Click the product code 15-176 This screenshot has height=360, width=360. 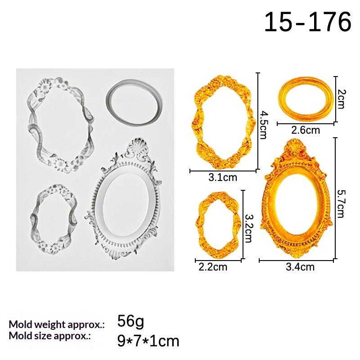pos(308,22)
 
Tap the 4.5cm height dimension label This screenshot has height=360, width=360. pos(263,125)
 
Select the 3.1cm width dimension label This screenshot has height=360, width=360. pos(223,177)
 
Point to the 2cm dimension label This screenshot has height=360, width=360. pos(341,99)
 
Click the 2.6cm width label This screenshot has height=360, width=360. pos(306,130)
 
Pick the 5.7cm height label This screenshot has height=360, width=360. pos(341,203)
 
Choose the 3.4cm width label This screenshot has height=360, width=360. pos(300,267)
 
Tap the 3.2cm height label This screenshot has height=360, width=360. pos(249,228)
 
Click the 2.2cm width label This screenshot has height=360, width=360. pos(213,267)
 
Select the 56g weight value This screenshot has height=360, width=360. pos(130,321)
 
